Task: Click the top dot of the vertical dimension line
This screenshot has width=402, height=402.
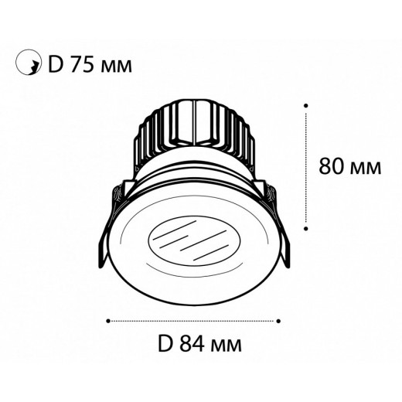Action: pyautogui.click(x=307, y=104)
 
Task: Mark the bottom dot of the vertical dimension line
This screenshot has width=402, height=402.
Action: pyautogui.click(x=307, y=227)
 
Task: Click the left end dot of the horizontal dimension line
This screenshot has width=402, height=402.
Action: pyautogui.click(x=110, y=319)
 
